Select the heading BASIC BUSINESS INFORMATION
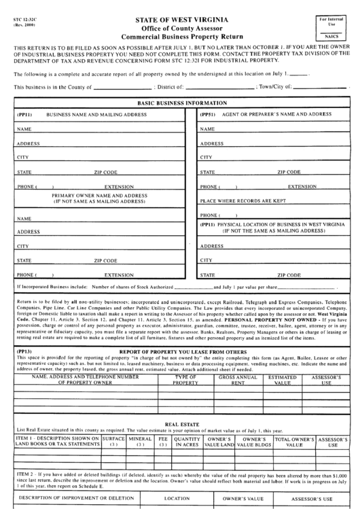pos(179,103)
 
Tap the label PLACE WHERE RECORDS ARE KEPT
pos(242,201)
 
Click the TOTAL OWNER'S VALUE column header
pos(293,442)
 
